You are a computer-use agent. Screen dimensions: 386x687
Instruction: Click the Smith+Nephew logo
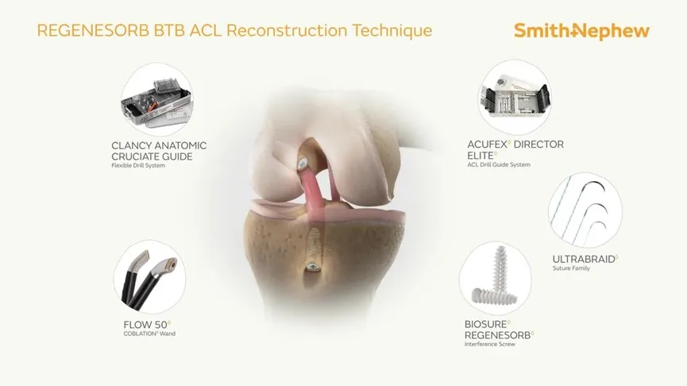pos(581,31)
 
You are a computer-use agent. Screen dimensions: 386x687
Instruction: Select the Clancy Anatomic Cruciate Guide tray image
pos(156,98)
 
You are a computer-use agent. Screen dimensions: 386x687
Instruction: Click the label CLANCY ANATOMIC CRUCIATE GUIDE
pos(159,151)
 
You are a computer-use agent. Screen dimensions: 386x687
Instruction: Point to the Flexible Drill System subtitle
pos(138,165)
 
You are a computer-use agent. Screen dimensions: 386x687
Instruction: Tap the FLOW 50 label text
pos(146,324)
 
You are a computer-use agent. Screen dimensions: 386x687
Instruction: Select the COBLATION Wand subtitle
pos(149,334)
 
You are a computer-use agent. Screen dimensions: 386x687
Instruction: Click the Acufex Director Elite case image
pos(514,97)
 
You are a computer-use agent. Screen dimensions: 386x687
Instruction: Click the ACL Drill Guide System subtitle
pos(499,165)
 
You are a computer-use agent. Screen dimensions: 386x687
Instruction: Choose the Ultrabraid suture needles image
pos(585,209)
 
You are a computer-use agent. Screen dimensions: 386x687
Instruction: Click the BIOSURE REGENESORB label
pos(498,329)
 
